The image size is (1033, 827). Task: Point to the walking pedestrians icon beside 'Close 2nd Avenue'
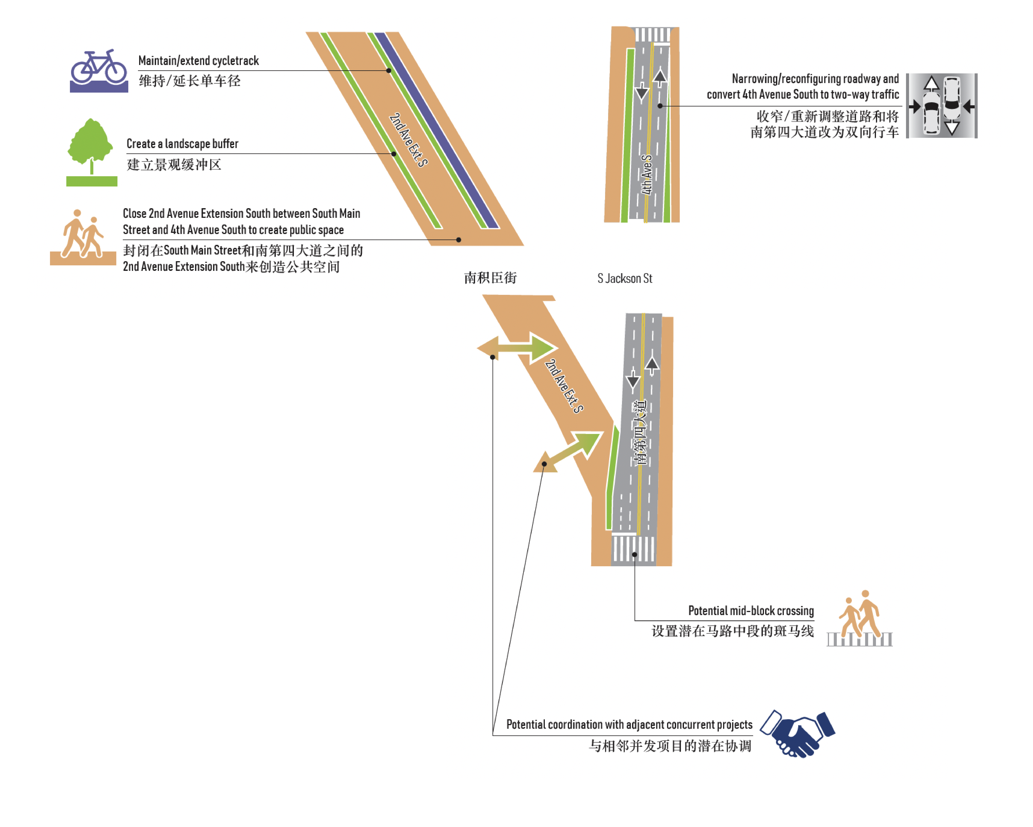pyautogui.click(x=83, y=237)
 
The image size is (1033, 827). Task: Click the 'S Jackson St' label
pyautogui.click(x=624, y=278)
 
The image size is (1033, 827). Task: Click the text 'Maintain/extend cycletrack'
pyautogui.click(x=198, y=61)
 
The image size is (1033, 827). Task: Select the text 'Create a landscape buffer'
pyautogui.click(x=182, y=144)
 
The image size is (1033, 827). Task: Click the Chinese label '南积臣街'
pyautogui.click(x=490, y=278)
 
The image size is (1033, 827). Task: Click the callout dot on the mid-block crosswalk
pyautogui.click(x=634, y=555)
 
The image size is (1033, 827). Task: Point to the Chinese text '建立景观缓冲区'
pyautogui.click(x=174, y=165)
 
